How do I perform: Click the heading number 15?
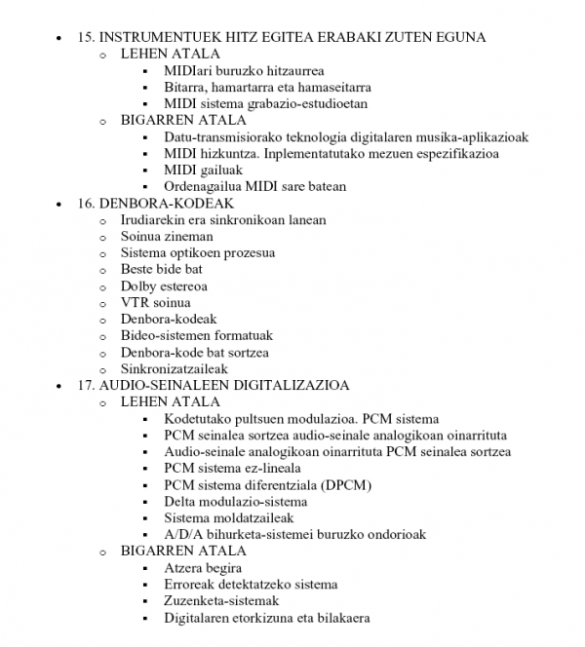(85, 38)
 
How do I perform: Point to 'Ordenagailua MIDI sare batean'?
(255, 186)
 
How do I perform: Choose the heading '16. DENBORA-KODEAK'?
(155, 203)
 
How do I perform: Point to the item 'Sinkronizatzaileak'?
(175, 369)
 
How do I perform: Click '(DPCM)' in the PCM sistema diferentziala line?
(349, 484)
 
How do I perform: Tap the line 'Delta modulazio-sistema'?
(236, 502)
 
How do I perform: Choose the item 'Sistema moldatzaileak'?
(229, 518)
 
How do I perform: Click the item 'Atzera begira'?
(204, 568)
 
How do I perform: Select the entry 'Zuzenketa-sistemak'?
(222, 601)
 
